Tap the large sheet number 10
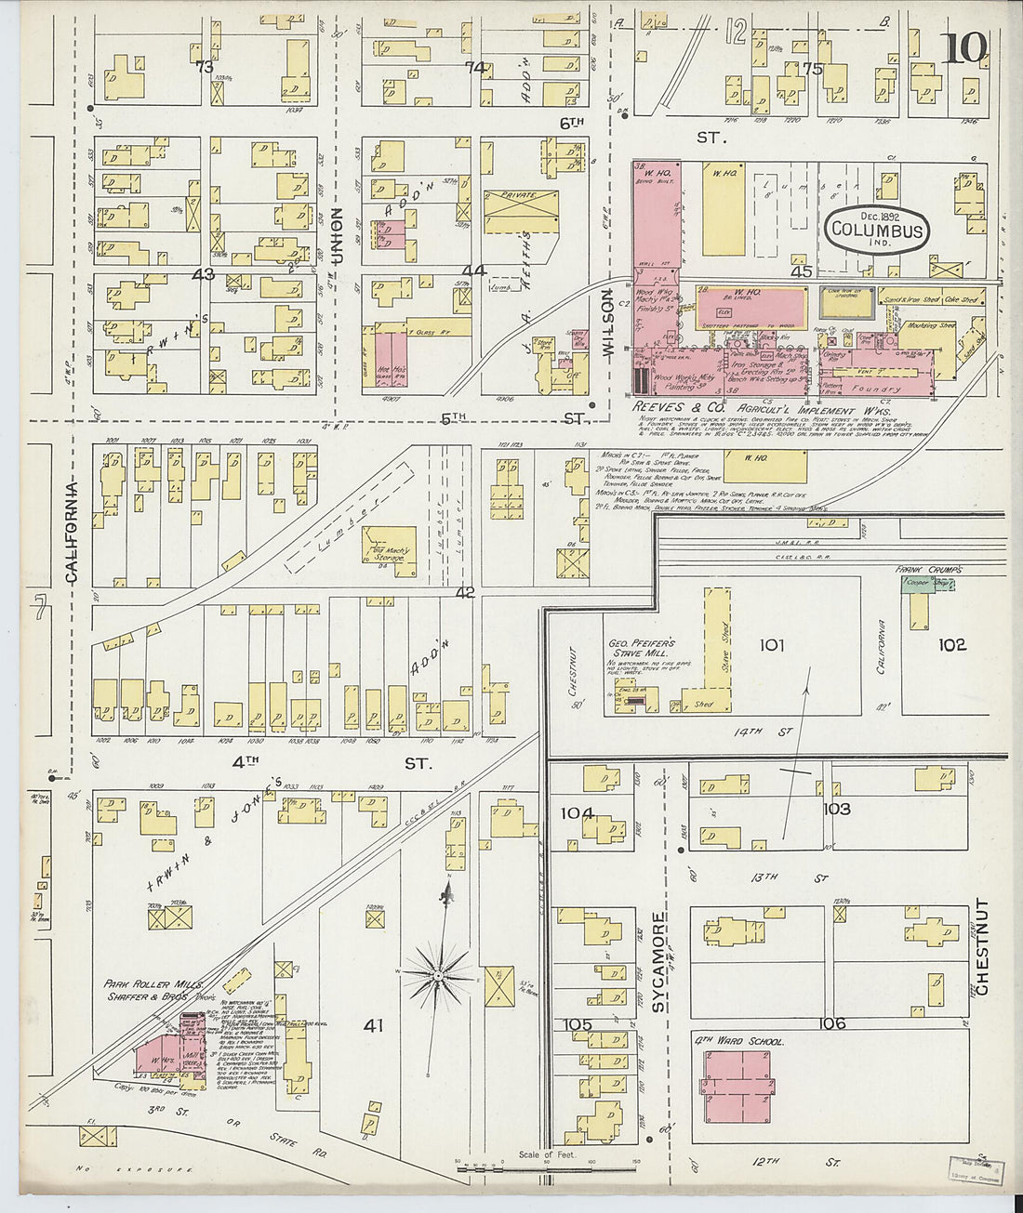964,48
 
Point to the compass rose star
437,974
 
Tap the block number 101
772,645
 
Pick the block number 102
951,644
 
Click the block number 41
373,1025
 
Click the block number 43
203,274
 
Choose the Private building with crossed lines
521,215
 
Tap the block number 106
832,1023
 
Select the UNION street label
338,236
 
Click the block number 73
203,67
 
